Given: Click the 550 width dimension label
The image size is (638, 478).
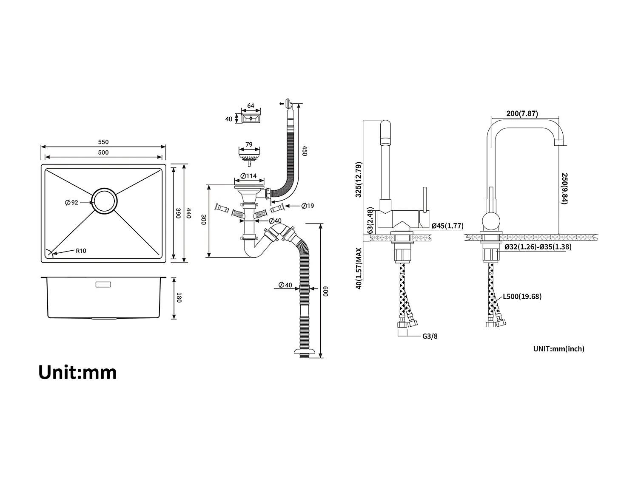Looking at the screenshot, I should click(x=103, y=142).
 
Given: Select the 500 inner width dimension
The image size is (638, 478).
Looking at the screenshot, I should click(x=103, y=153).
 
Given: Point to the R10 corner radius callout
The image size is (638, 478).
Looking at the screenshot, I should click(x=81, y=251).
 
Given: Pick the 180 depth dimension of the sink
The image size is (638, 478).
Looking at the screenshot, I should click(x=179, y=298).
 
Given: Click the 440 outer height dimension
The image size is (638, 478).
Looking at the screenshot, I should click(x=189, y=213).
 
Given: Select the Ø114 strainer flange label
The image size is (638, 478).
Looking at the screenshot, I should click(x=248, y=176).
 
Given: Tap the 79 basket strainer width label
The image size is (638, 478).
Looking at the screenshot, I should click(x=249, y=144).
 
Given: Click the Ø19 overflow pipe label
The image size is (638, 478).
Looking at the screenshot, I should click(x=308, y=206).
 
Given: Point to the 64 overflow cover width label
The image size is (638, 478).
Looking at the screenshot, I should click(x=251, y=106).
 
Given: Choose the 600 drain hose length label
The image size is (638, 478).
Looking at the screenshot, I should click(x=326, y=291).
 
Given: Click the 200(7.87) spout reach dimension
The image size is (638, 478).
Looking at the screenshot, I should click(x=522, y=113).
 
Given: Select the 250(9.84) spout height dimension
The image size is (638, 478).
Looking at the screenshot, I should click(x=564, y=188).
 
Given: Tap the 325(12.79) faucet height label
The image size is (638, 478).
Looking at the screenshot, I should click(x=358, y=179).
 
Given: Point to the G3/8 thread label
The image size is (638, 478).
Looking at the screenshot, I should click(x=430, y=336).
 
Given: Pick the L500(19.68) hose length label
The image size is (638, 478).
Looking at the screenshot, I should click(x=522, y=297).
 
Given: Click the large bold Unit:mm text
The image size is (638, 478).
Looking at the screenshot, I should click(x=77, y=372).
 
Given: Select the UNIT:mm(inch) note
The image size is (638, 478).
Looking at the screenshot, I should click(x=558, y=349).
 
